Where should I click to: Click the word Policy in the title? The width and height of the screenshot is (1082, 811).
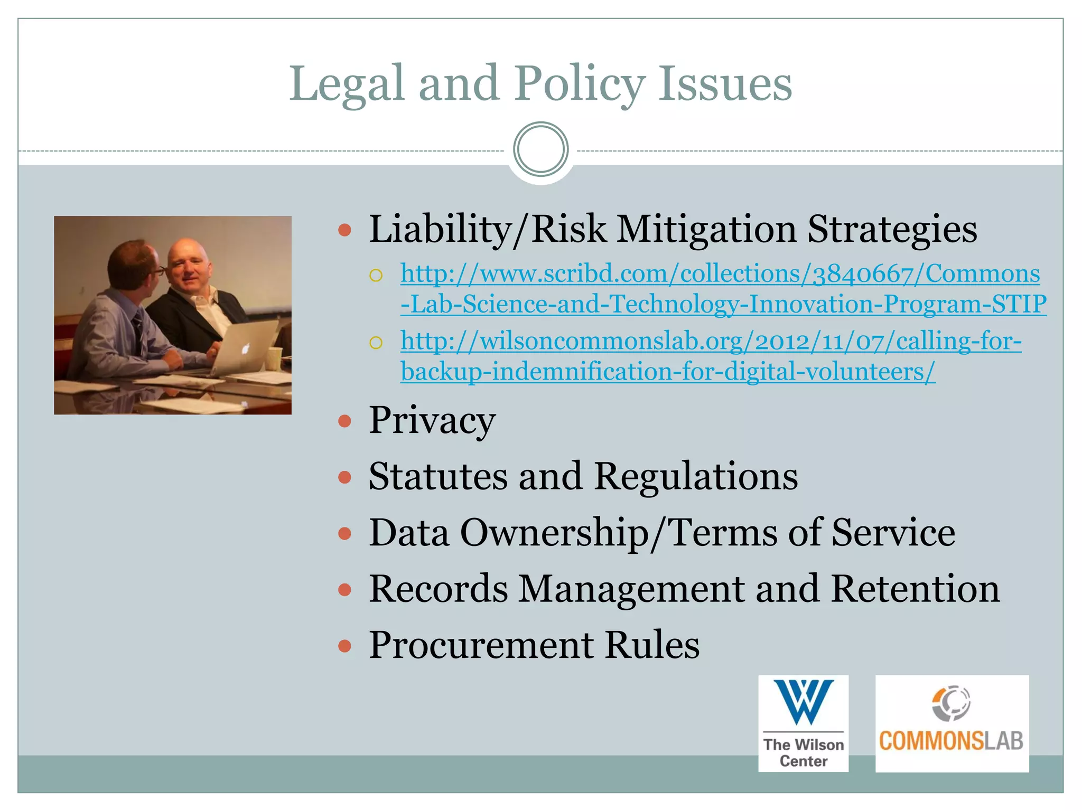580,84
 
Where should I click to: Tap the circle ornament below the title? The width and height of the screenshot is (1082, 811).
540,149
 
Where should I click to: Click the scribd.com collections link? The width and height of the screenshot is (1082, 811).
722,289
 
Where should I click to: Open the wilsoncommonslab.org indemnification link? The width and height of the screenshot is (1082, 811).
710,356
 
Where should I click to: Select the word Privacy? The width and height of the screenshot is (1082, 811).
432,421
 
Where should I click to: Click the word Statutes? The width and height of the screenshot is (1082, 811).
438,476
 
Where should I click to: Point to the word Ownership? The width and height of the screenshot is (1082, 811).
555,533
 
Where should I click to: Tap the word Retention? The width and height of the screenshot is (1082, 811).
915,589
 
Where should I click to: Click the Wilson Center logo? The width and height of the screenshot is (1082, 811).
803,723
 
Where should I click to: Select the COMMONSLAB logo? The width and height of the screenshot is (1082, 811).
952,723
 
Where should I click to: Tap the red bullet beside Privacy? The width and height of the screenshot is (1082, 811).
344,421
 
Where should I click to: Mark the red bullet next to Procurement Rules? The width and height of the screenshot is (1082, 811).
344,646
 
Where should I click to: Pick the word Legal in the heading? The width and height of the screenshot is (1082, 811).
347,84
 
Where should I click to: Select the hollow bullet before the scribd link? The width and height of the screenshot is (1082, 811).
376,275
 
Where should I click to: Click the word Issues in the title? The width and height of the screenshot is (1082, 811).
725,84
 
